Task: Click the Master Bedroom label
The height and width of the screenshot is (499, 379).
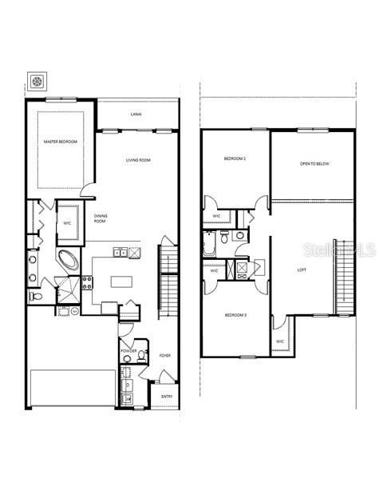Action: [61, 142]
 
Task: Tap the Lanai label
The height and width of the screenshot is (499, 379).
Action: [136, 115]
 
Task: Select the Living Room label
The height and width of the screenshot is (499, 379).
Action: [138, 161]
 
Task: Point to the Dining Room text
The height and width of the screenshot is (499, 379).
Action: [101, 218]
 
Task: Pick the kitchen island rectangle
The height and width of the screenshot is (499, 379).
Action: [121, 281]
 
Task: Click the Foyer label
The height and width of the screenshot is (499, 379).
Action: [165, 355]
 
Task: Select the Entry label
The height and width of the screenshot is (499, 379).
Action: [167, 396]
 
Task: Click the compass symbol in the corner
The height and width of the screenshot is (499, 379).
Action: [38, 81]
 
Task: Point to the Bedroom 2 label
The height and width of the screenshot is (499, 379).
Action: [234, 159]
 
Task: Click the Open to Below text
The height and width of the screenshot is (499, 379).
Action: [314, 164]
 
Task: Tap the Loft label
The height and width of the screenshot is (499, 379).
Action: [302, 269]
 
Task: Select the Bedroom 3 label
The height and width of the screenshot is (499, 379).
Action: [235, 315]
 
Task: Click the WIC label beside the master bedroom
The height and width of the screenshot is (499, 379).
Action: [68, 223]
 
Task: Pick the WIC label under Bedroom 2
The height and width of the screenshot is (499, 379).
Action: [217, 216]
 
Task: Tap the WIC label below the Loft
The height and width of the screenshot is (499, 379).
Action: [280, 341]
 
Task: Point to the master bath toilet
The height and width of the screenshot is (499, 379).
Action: [34, 297]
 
